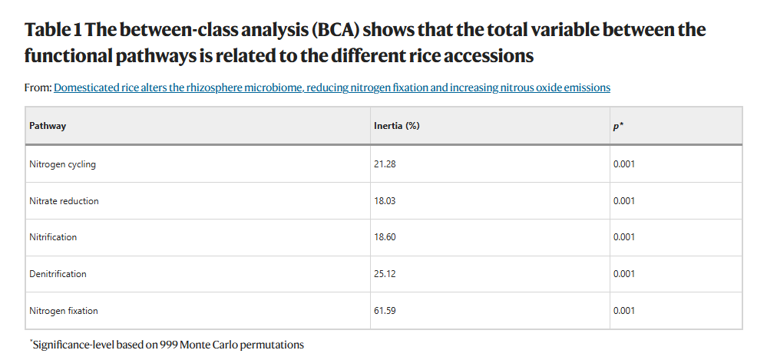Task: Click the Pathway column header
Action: point(48,126)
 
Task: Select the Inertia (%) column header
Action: point(397,126)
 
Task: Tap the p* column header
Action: point(618,126)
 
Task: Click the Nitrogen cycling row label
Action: point(63,164)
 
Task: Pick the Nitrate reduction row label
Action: point(64,201)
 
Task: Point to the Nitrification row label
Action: point(53,237)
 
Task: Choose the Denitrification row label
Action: point(58,274)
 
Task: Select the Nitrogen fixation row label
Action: point(64,311)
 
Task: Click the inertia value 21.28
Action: point(385,164)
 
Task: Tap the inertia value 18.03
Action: point(385,201)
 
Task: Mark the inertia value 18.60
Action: point(385,237)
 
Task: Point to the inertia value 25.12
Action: point(385,274)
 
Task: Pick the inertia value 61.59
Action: point(385,311)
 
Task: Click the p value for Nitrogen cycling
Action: point(624,164)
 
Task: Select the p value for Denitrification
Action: point(624,274)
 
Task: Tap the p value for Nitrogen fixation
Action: point(624,311)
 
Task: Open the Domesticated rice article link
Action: point(332,88)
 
